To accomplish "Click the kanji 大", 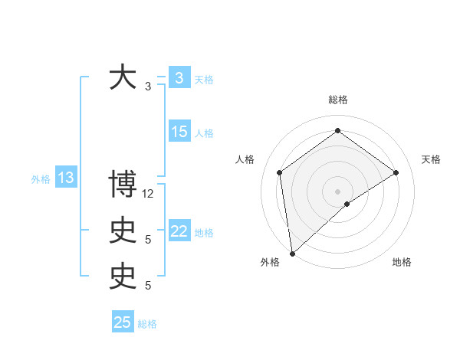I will point(123,77).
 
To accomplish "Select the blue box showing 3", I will point(179,77).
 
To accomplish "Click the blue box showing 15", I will point(179,132).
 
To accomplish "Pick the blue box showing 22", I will point(179,231).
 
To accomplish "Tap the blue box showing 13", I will point(65,178).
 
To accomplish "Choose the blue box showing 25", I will point(123,322).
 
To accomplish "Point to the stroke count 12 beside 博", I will point(148,194).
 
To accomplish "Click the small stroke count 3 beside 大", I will point(148,87).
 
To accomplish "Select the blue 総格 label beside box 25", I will point(147,324).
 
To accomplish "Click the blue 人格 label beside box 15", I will point(204,133).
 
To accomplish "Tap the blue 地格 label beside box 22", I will point(204,232).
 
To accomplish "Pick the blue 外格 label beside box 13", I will point(41,179).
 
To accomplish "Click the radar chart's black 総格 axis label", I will point(337,100).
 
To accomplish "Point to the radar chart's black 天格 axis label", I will point(431,159).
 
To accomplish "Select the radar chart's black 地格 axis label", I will point(402,262).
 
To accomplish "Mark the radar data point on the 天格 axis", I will point(396,172).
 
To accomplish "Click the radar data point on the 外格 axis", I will point(291,253).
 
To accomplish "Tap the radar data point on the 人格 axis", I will point(279,172).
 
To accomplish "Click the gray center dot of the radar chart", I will point(337,191).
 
